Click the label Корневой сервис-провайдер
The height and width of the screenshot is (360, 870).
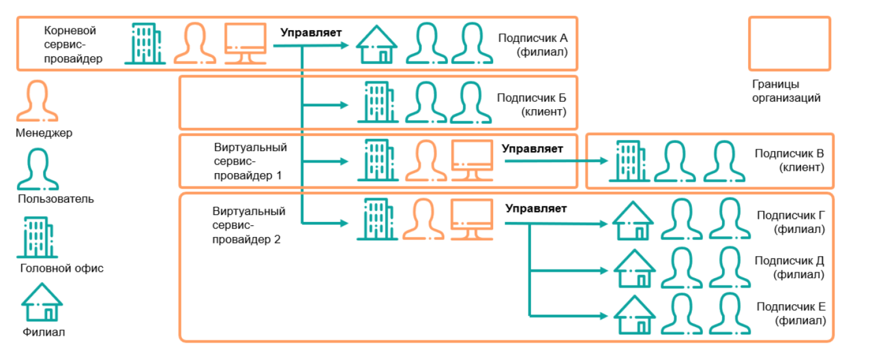pyautogui.click(x=73, y=44)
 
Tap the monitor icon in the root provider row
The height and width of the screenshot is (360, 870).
pyautogui.click(x=245, y=44)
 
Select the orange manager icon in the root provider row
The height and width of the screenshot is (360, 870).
pyautogui.click(x=195, y=44)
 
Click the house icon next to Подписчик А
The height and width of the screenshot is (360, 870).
pyautogui.click(x=376, y=44)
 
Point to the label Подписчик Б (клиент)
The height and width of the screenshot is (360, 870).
pyautogui.click(x=531, y=105)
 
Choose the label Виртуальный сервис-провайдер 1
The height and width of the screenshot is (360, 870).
pyautogui.click(x=250, y=161)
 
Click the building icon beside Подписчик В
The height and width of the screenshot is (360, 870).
pyautogui.click(x=625, y=161)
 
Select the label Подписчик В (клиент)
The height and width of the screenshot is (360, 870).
pyautogui.click(x=789, y=161)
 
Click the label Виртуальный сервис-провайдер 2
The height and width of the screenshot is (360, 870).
pyautogui.click(x=249, y=225)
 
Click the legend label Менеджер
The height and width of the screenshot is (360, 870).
pyautogui.click(x=44, y=134)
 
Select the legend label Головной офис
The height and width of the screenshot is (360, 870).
pyautogui.click(x=62, y=268)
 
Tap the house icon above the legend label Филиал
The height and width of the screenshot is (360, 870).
pyautogui.click(x=42, y=303)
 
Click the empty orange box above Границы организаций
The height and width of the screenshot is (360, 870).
pyautogui.click(x=789, y=43)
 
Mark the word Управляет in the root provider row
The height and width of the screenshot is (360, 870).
pyautogui.click(x=311, y=33)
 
